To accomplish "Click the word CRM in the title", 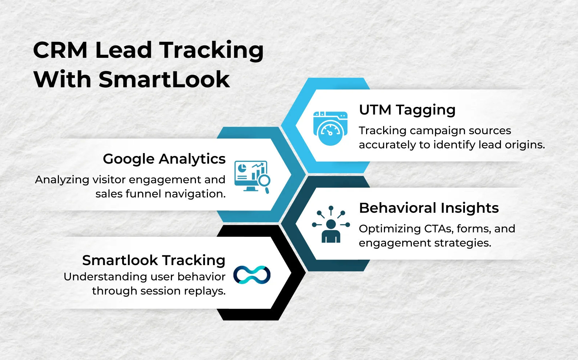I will coord(60,50).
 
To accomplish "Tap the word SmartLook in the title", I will coord(164,79).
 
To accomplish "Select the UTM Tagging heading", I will coord(407,110).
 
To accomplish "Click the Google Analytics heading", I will coord(164,159).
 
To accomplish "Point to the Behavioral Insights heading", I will coord(429,208).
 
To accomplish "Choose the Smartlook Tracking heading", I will coord(154,260).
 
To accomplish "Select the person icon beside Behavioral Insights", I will coord(331,225).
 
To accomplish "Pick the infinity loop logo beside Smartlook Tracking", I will coord(252,275).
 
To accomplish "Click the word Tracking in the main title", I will coord(211,50).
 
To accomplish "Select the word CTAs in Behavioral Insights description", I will coord(438,229).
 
